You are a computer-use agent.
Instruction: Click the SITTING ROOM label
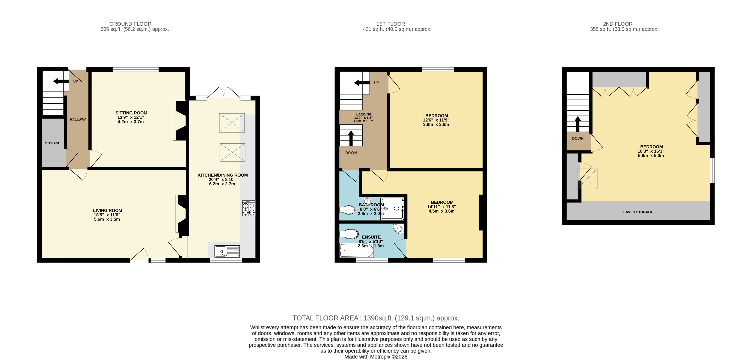coord(131,113)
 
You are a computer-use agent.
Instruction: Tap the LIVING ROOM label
coord(107,210)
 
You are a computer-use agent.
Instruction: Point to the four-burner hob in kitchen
coord(249,208)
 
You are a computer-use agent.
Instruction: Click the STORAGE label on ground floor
coord(53,143)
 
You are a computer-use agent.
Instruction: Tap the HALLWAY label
coord(78,119)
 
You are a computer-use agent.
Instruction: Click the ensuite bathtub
coord(356,250)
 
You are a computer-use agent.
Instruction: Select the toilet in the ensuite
coord(349,234)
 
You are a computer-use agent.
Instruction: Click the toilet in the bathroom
coord(347,210)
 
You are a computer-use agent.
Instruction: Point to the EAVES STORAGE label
coord(638,212)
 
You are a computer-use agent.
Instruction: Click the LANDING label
coord(364,114)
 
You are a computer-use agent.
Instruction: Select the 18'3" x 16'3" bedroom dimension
coord(651,151)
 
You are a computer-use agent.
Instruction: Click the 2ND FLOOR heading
coord(618,24)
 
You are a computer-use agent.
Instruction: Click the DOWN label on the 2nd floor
coord(578,139)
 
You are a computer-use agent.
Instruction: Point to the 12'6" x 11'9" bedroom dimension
coord(436,120)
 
